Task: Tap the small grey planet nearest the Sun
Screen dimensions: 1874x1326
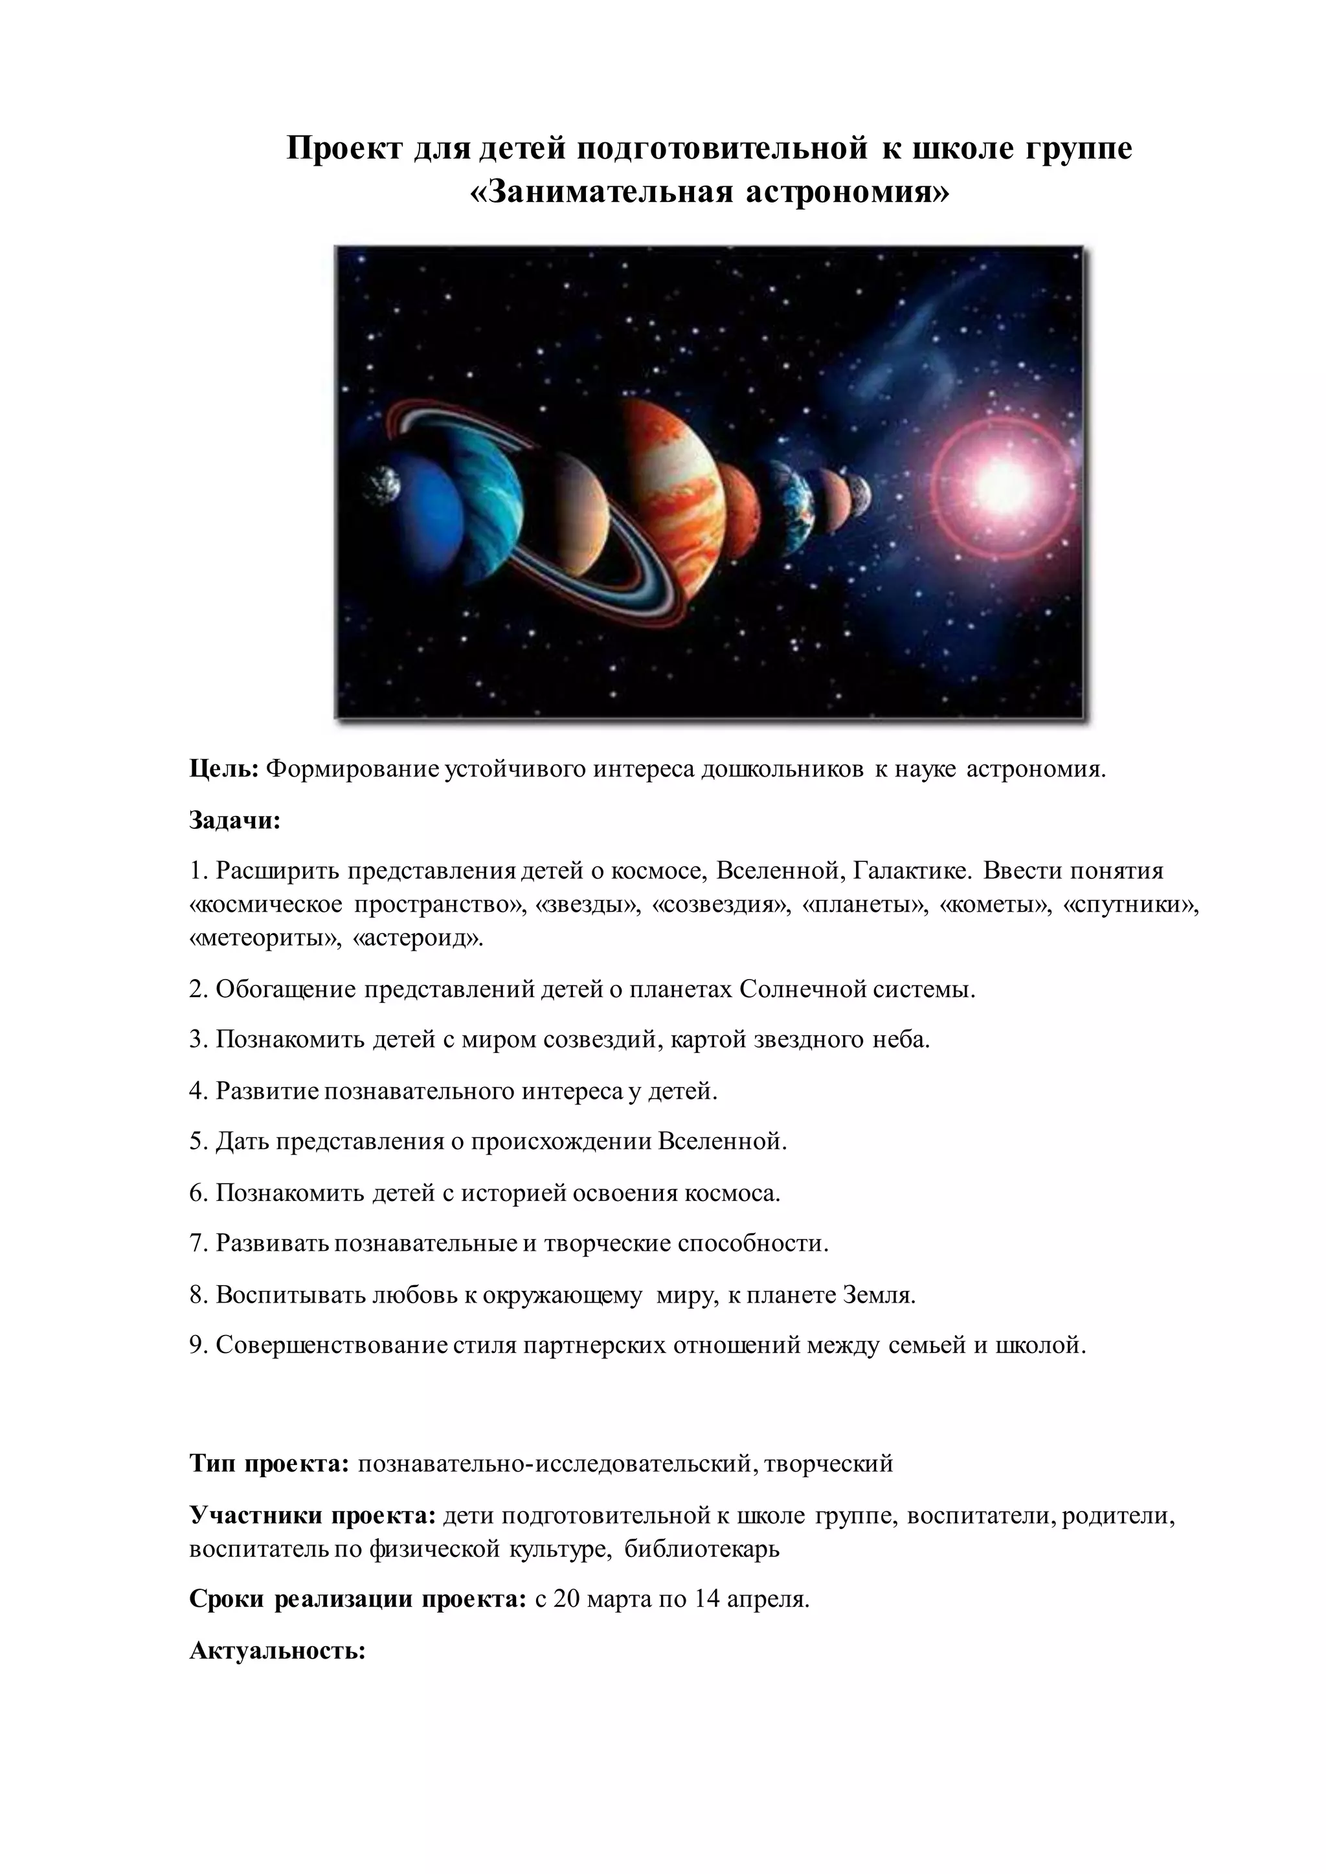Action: pos(860,494)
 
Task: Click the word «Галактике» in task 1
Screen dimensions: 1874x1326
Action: pos(913,870)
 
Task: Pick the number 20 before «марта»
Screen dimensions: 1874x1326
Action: pos(566,1599)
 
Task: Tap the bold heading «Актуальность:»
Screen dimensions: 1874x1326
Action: pos(277,1650)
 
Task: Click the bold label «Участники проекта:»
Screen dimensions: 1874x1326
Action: pos(313,1516)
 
